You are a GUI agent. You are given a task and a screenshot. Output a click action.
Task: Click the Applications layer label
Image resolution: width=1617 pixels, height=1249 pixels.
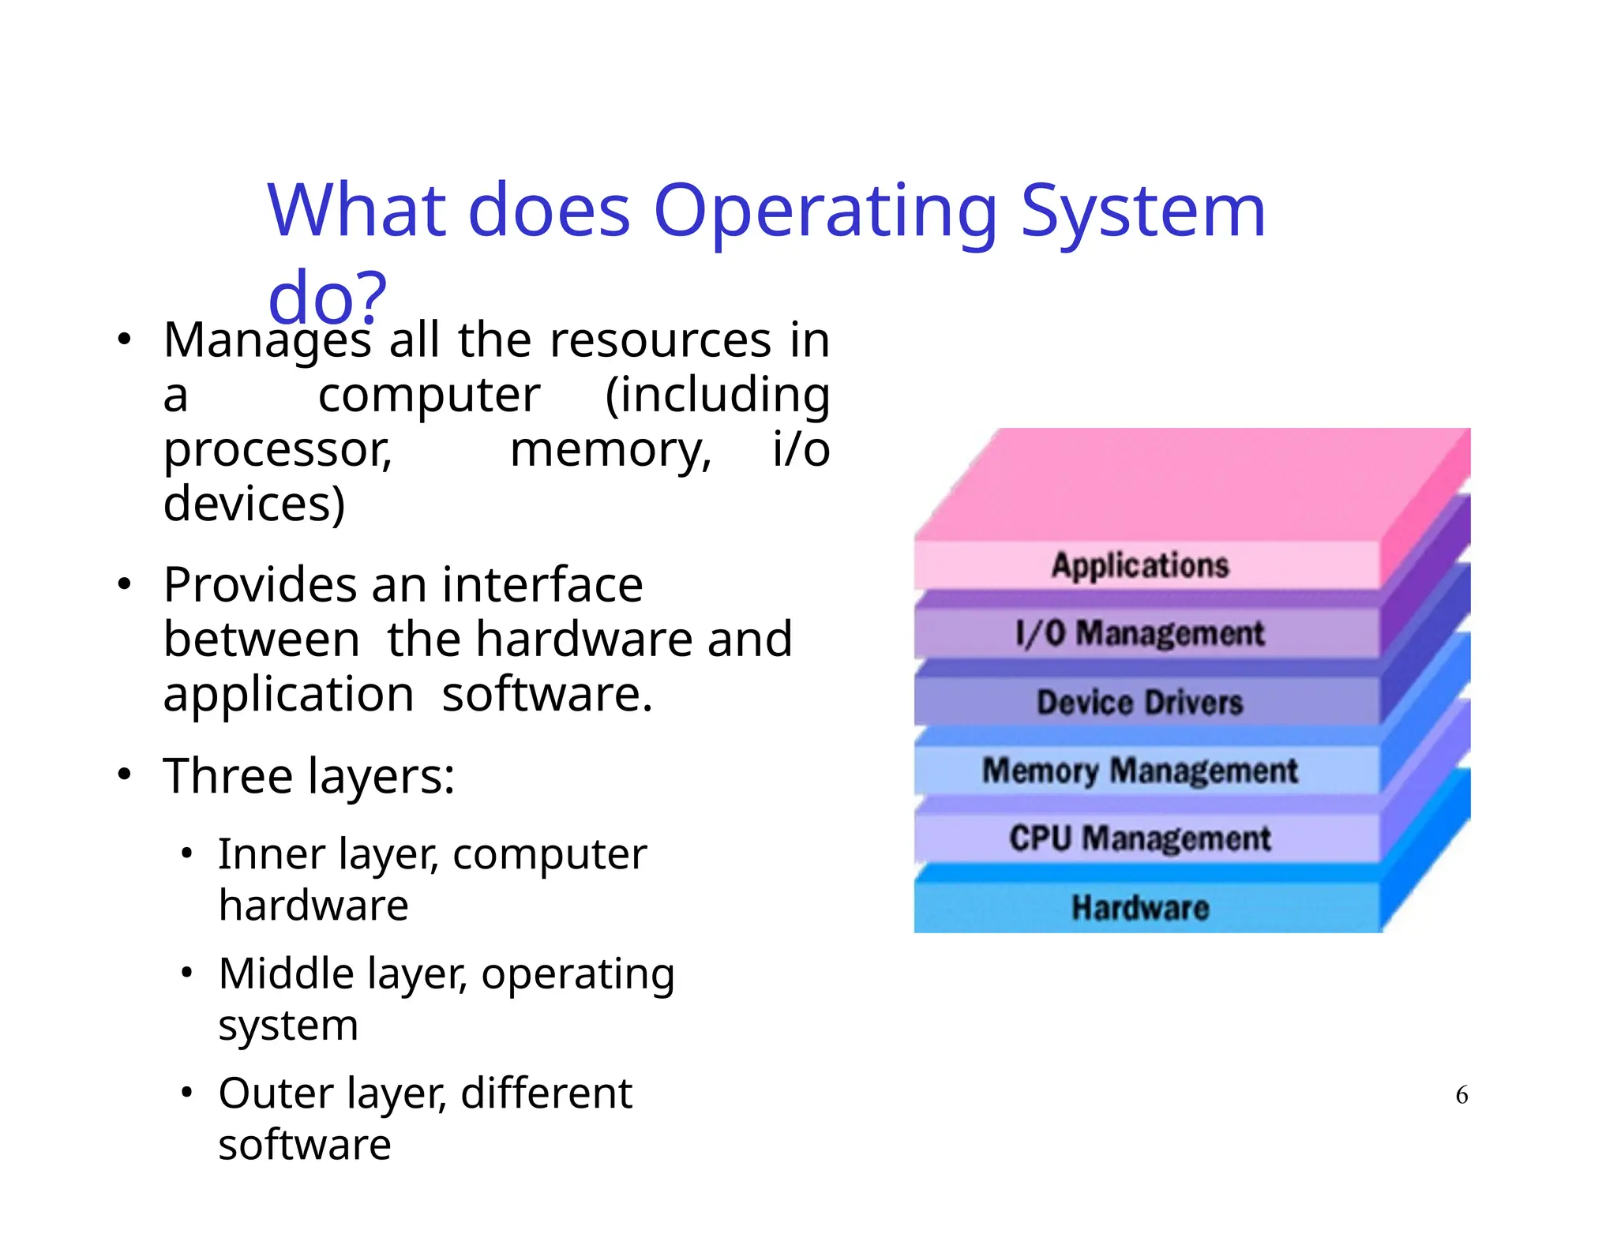[x=1139, y=565]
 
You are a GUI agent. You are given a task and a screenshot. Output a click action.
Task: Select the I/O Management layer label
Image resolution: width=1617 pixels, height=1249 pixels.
[x=1139, y=633]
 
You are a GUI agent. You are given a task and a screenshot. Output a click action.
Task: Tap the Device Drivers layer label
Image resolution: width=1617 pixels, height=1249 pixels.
[x=1139, y=702]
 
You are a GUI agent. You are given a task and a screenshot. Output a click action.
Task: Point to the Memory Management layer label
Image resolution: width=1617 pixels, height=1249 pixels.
[x=1139, y=771]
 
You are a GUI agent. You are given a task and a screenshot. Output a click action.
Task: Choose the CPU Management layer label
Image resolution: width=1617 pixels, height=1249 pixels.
[x=1139, y=838]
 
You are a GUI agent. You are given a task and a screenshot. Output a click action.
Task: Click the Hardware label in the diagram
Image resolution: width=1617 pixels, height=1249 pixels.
[x=1139, y=907]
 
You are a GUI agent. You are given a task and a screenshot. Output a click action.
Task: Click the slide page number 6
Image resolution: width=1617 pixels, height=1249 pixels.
[x=1461, y=1095]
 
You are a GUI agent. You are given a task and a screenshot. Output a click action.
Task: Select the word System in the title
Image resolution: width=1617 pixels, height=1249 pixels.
[x=1142, y=211]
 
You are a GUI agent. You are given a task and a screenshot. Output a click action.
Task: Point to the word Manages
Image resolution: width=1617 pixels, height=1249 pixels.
[x=267, y=341]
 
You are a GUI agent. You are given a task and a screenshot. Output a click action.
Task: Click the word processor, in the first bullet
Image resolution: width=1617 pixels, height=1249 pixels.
[x=277, y=450]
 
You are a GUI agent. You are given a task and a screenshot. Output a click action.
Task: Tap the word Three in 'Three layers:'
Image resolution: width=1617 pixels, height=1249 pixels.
[x=227, y=775]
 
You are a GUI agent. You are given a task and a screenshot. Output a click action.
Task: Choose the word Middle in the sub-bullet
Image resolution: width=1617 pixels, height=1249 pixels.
[x=280, y=973]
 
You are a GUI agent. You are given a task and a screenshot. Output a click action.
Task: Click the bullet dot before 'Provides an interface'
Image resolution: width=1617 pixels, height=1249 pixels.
[x=124, y=585]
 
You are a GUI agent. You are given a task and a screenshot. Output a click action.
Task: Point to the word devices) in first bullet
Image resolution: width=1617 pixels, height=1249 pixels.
[x=253, y=504]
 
